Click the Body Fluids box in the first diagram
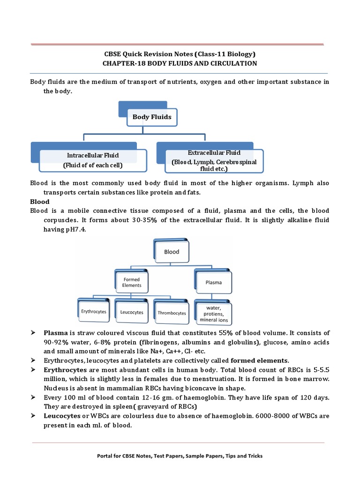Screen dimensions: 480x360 tap(152, 117)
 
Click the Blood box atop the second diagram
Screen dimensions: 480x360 tap(172, 252)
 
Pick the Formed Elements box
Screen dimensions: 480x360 tap(132, 283)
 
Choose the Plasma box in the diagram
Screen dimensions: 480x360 tap(214, 283)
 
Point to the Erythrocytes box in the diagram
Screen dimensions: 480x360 tap(94, 312)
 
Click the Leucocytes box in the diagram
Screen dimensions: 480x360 tap(132, 312)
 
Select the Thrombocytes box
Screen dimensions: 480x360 tap(172, 313)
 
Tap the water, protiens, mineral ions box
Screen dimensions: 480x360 tap(214, 314)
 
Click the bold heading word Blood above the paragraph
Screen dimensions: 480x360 tap(40, 202)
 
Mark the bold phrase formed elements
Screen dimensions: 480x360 tap(260, 360)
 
